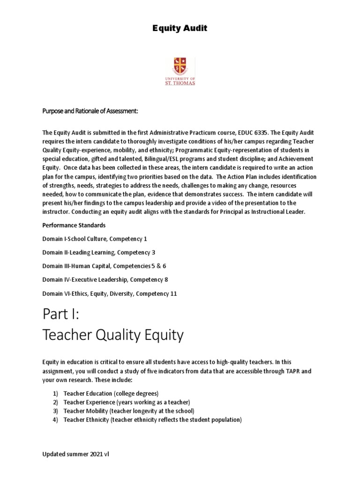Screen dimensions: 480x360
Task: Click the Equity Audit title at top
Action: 180,29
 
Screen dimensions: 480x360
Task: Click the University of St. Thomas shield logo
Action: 180,65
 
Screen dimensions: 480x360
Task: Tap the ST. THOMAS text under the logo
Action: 180,83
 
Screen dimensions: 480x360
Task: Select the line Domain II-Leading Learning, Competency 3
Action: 99,252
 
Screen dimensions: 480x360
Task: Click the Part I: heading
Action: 61,314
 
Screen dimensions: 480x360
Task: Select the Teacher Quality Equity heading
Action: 113,335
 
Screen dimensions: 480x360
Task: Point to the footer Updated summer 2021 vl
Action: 76,454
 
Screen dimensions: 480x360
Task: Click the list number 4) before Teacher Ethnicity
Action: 55,420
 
